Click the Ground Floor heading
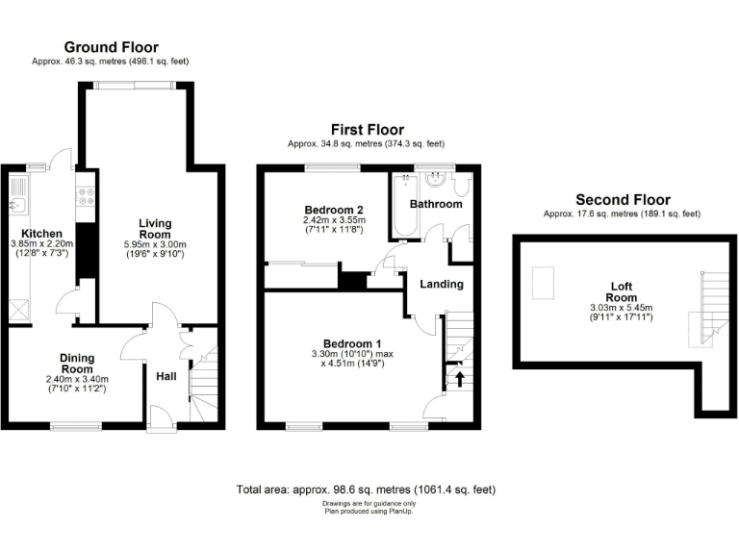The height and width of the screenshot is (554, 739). point(111,47)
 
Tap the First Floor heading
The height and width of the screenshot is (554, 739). point(367,130)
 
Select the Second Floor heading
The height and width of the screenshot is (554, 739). point(623,200)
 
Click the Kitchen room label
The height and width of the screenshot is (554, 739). point(43,234)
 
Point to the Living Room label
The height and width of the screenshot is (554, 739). point(154,228)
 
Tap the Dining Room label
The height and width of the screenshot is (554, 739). point(77,363)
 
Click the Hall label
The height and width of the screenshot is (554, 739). point(166,375)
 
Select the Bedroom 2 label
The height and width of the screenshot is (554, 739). point(333,210)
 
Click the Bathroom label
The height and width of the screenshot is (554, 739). point(436,204)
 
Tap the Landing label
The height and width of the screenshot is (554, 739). point(442,284)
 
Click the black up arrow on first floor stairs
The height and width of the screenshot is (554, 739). point(458,378)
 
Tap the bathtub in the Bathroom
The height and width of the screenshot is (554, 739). point(401,207)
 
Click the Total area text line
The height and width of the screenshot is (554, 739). point(366,490)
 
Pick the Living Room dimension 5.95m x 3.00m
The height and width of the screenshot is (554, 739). point(154,245)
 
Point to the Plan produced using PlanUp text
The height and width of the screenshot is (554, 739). point(369,511)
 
